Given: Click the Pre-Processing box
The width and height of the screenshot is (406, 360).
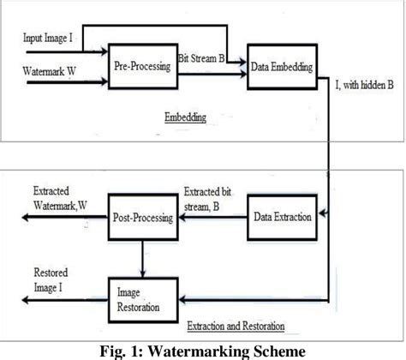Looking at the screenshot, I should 142,66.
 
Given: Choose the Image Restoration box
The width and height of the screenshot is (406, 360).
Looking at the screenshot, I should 142,297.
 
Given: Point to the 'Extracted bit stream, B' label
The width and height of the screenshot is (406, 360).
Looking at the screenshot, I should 210,199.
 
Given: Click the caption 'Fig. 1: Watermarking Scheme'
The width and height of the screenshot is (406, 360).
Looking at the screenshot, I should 202,350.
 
